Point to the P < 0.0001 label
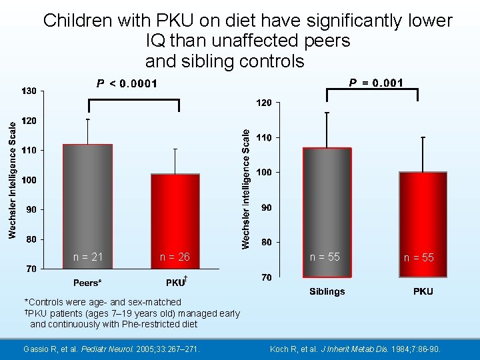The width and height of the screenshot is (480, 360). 127,83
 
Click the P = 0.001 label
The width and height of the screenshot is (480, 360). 377,83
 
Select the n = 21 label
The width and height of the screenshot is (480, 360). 88,257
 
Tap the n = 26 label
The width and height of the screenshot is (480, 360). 175,257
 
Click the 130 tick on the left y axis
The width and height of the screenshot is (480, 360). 29,91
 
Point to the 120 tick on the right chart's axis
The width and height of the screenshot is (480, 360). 264,103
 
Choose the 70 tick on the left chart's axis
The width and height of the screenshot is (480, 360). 31,269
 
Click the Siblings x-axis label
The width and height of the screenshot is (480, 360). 327,291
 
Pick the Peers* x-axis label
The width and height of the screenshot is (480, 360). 87,283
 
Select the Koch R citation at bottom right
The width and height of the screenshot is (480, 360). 364,349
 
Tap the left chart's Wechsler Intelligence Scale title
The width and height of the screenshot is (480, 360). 13,178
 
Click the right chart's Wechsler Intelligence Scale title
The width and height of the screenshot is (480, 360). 246,189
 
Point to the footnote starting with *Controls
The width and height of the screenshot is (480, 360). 102,302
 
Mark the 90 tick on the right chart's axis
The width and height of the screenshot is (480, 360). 266,207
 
